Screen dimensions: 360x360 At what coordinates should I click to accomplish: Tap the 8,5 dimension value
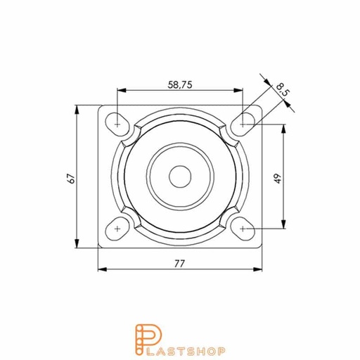[x=282, y=89]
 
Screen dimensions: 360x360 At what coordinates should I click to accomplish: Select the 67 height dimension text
[x=71, y=179]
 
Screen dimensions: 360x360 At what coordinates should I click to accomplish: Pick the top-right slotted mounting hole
[x=243, y=122]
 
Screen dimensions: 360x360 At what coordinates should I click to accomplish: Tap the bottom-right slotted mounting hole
[x=243, y=229]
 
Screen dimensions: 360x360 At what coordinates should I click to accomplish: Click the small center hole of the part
[x=180, y=176]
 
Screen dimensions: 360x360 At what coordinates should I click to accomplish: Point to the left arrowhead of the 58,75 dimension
[x=120, y=90]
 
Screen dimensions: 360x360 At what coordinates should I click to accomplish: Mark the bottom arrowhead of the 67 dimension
[x=78, y=246]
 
